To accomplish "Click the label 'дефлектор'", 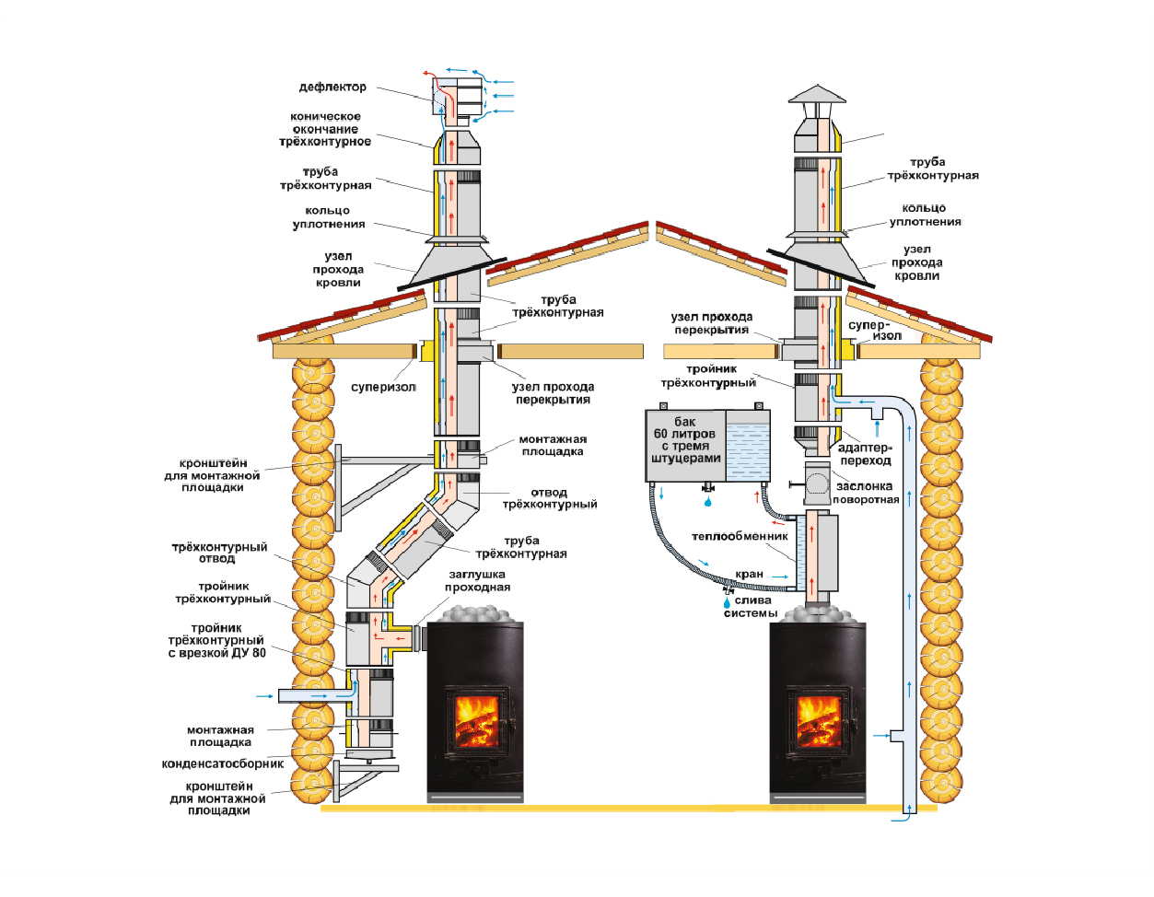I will [332, 87].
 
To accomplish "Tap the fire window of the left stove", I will [476, 720].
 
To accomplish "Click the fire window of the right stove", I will [817, 720].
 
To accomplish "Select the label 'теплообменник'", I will [740, 537].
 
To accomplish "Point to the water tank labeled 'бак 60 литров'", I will [707, 446].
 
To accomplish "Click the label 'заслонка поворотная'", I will [865, 493].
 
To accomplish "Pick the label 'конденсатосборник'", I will [223, 764].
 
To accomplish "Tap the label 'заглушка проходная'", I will [477, 581].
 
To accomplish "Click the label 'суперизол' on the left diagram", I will [383, 388].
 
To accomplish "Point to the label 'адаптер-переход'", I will [865, 454].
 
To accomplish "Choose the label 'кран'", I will [749, 575].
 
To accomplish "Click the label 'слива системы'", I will [752, 607].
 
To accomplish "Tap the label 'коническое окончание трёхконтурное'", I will [325, 130].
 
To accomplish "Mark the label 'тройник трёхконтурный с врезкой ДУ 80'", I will [216, 641].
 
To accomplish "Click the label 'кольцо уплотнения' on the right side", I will [925, 216].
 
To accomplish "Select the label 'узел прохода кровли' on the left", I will [338, 270].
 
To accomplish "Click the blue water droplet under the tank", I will [707, 503].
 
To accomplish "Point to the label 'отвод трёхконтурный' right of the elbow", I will [549, 499].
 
